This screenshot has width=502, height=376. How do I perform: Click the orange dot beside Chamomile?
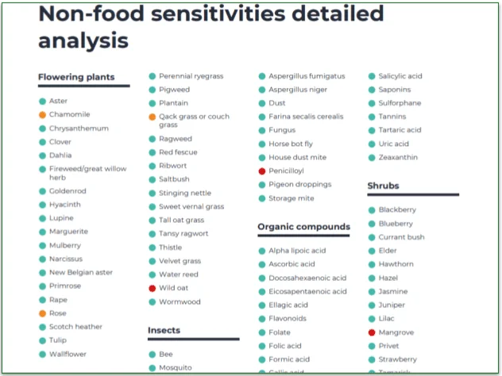pyautogui.click(x=42, y=115)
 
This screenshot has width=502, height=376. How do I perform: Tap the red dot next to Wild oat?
pyautogui.click(x=152, y=288)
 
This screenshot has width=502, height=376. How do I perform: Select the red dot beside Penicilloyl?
pyautogui.click(x=261, y=171)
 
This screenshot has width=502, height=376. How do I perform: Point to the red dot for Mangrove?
pyautogui.click(x=371, y=332)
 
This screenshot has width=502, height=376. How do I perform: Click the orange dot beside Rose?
pyautogui.click(x=42, y=313)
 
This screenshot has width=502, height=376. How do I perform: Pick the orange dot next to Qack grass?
pyautogui.click(x=152, y=117)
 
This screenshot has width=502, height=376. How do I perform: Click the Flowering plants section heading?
pyautogui.click(x=83, y=78)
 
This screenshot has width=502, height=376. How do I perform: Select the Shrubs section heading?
pyautogui.click(x=383, y=186)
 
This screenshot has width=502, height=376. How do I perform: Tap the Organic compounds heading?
pyautogui.click(x=303, y=227)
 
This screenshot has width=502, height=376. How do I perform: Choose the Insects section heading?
pyautogui.click(x=164, y=330)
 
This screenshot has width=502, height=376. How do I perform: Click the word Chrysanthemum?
pyautogui.click(x=79, y=129)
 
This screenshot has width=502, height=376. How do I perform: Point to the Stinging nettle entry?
pyautogui.click(x=185, y=193)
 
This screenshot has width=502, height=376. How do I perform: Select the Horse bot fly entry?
pyautogui.click(x=291, y=144)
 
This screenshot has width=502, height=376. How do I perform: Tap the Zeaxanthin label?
pyautogui.click(x=400, y=157)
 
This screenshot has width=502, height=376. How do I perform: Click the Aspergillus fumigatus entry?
pyautogui.click(x=307, y=76)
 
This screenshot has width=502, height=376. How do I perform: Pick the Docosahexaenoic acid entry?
pyautogui.click(x=307, y=278)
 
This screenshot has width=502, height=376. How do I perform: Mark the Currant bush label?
pyautogui.click(x=401, y=237)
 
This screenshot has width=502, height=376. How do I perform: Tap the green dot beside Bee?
pyautogui.click(x=152, y=354)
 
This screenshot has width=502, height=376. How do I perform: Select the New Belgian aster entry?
pyautogui.click(x=81, y=272)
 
